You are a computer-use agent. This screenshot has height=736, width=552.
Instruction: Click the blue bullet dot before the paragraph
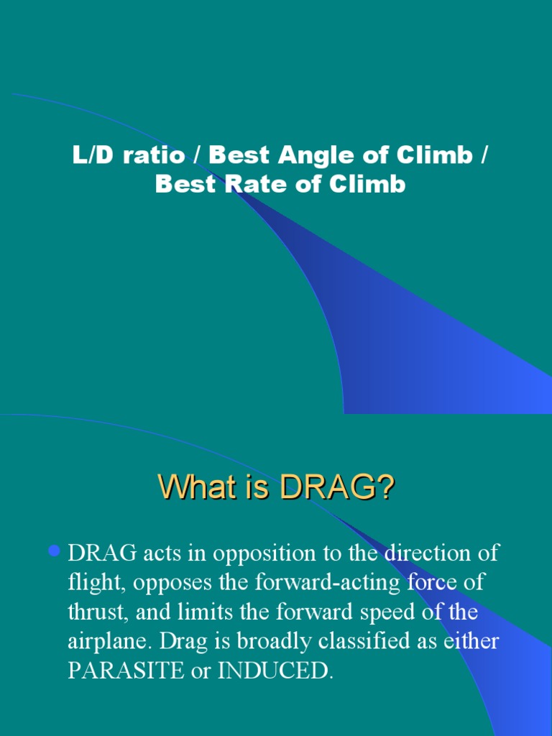pos(53,552)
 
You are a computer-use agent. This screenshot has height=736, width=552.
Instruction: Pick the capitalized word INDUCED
pos(276,671)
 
